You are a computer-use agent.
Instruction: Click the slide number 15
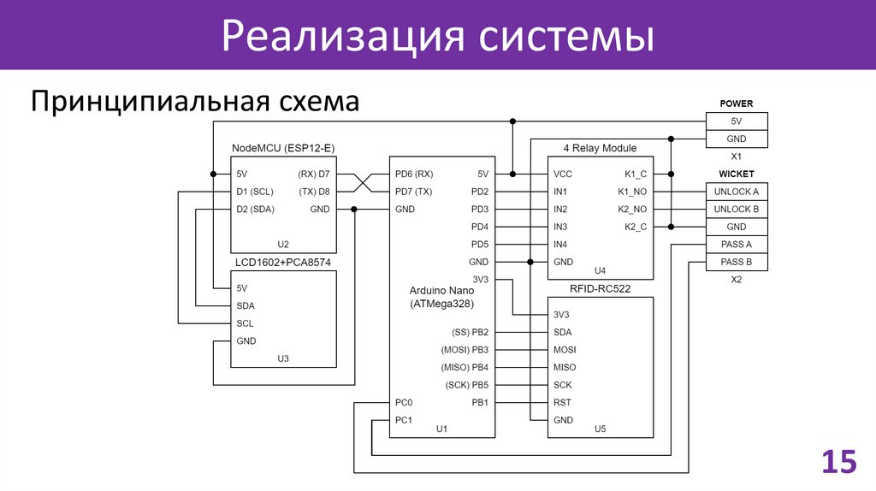[838, 461]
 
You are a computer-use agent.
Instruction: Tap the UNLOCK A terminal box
[737, 192]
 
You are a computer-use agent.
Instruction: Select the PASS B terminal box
[737, 263]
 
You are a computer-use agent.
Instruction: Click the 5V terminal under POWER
[737, 121]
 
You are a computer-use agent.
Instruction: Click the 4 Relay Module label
[600, 148]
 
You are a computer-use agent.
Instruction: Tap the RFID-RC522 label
[600, 289]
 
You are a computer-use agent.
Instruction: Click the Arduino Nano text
[441, 291]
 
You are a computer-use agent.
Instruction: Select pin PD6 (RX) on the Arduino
[414, 174]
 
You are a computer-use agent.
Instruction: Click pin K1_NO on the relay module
[632, 192]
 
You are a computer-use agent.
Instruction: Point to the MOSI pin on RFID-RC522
[565, 350]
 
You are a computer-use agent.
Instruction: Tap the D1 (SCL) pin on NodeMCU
[255, 192]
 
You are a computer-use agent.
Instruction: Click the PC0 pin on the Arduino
[404, 403]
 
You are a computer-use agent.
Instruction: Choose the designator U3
[283, 358]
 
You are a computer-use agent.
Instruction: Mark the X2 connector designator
[737, 280]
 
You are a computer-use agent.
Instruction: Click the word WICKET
[737, 175]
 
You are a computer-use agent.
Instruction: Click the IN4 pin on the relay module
[560, 245]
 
